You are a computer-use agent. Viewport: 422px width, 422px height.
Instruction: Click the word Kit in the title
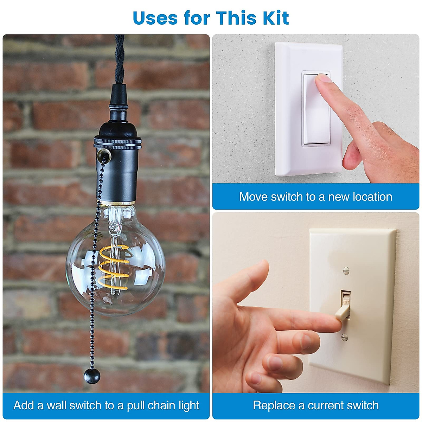tap(273, 18)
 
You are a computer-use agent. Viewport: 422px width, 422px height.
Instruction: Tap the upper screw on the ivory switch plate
tap(346, 270)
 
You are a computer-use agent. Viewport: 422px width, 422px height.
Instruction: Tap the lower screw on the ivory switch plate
tap(344, 338)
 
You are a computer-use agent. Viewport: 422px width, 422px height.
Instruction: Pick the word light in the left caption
tap(189, 405)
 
